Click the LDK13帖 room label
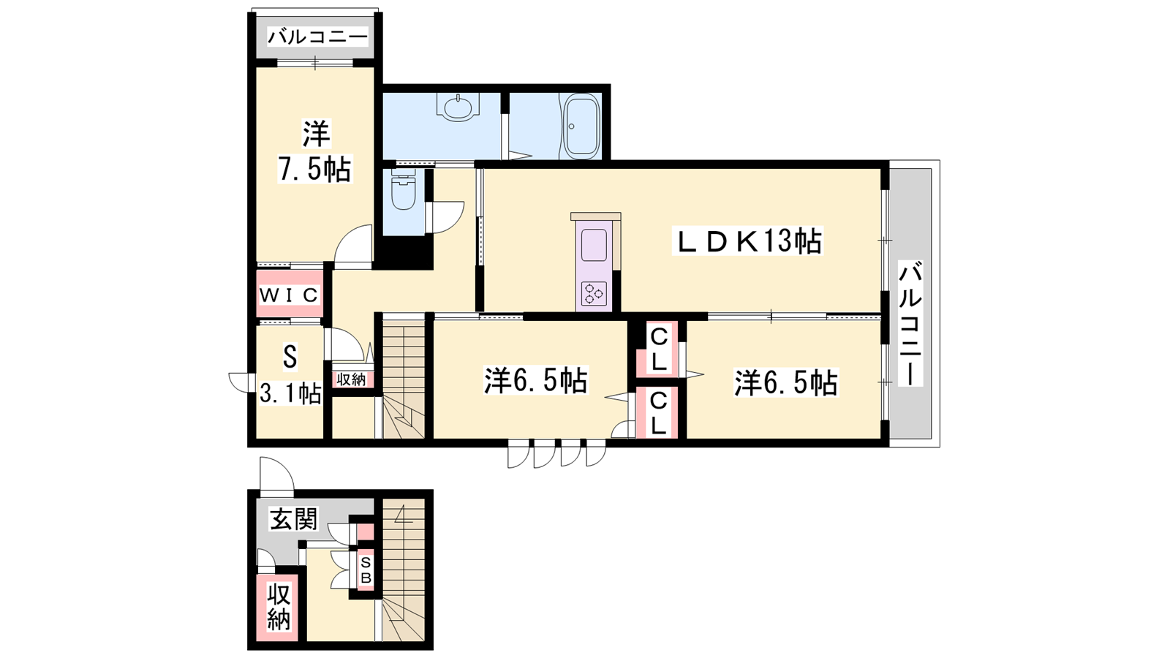pos(748,241)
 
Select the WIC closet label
pos(289,295)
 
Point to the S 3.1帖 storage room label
pos(290,374)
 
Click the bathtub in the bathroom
pos(582,126)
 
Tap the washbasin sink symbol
pos(458,107)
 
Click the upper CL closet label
pos(659,348)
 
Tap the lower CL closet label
pos(659,414)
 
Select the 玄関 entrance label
pos(293,519)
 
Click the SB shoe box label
pos(366,570)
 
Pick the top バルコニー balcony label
pos(317,37)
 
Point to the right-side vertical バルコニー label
pos(910,323)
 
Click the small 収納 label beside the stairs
pos(351,379)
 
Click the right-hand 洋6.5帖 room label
pos(786,383)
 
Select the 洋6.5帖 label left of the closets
pos(536,380)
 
